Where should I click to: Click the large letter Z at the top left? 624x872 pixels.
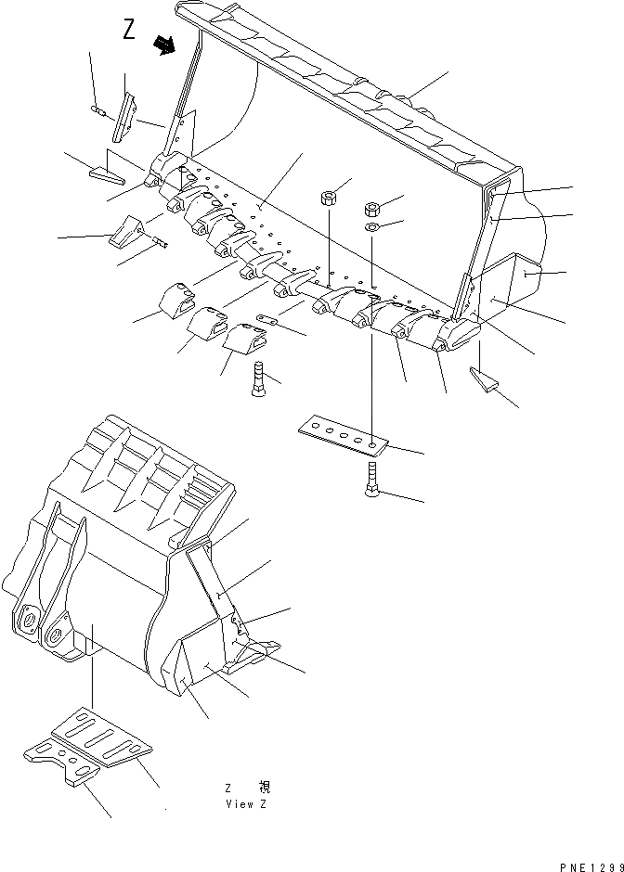(129, 31)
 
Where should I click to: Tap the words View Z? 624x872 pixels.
(246, 804)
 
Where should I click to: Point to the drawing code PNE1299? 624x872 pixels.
(591, 865)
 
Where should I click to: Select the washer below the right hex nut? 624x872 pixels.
(370, 227)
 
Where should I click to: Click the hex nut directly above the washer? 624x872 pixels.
(369, 208)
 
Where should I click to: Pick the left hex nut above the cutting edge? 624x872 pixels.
(328, 197)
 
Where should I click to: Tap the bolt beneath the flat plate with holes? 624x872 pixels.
(369, 481)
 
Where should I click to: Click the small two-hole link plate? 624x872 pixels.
(269, 321)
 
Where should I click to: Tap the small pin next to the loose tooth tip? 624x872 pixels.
(160, 243)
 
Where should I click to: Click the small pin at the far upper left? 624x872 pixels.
(97, 113)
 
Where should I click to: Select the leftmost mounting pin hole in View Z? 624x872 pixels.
(27, 621)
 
